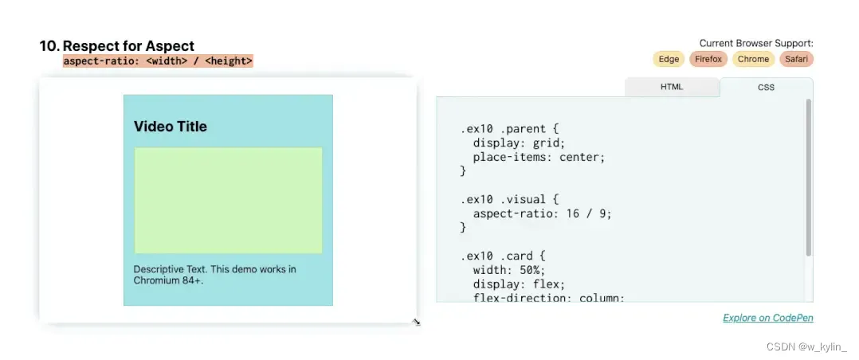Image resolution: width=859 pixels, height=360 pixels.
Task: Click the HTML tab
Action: (672, 87)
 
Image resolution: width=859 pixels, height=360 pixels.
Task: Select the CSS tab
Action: (766, 87)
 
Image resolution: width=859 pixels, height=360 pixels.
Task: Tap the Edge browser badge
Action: (669, 59)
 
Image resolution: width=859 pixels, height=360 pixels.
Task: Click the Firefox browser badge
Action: (708, 59)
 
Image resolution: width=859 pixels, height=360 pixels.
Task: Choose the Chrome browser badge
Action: (753, 59)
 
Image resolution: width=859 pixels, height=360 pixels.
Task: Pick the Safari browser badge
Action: (796, 59)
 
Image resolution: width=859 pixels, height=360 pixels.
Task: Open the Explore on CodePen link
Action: (767, 318)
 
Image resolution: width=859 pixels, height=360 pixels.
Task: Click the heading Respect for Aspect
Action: (128, 46)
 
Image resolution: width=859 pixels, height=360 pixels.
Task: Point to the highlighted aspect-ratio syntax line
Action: (158, 61)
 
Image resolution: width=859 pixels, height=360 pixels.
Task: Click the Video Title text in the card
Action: (171, 127)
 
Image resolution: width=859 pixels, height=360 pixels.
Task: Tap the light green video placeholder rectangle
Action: (228, 200)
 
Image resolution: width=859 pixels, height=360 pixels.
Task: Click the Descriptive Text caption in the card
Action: (214, 275)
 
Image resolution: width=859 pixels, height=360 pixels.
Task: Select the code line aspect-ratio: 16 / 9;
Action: (542, 213)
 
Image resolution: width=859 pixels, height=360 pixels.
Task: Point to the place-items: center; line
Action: (539, 157)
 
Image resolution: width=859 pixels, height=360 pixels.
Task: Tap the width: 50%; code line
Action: (508, 271)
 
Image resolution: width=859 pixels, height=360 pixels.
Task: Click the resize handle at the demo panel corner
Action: (416, 322)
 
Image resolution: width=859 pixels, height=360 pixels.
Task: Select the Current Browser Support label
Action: (755, 43)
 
